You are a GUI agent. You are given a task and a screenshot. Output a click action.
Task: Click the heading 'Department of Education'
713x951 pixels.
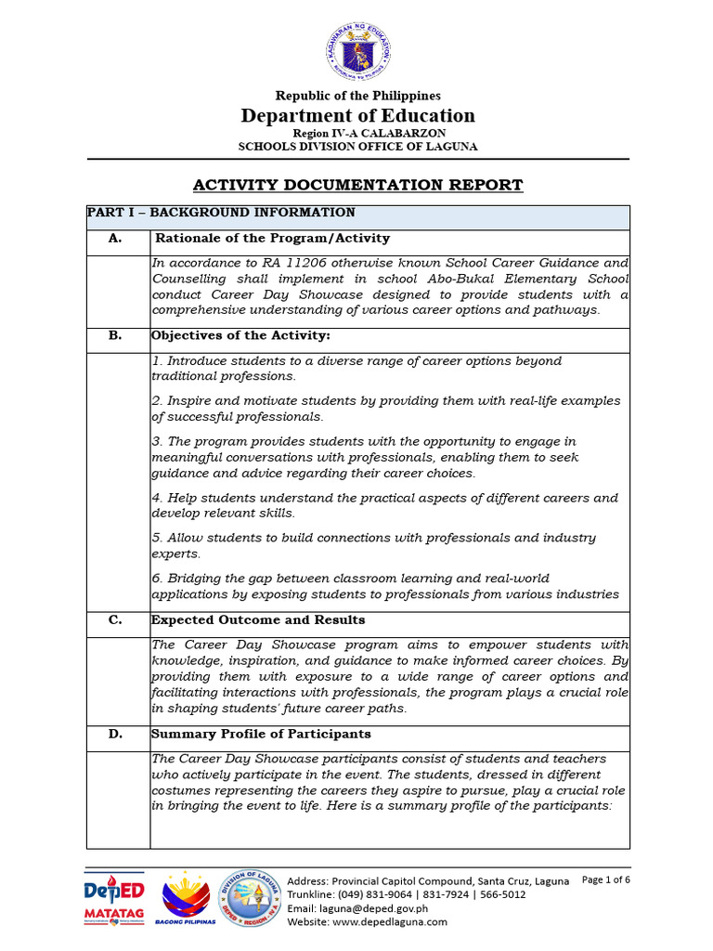pyautogui.click(x=358, y=116)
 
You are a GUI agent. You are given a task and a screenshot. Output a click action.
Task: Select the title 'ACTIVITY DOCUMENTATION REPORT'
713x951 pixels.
pyautogui.click(x=358, y=185)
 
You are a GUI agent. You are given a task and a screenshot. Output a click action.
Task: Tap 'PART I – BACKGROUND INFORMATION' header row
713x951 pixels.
pyautogui.click(x=221, y=213)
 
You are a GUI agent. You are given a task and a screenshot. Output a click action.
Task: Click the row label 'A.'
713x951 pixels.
pyautogui.click(x=115, y=239)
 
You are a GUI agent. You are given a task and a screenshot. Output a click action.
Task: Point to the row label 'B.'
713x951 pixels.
pyautogui.click(x=115, y=335)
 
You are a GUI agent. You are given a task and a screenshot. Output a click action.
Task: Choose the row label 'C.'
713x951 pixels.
pyautogui.click(x=115, y=620)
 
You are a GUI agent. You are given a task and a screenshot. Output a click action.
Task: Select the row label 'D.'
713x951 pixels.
pyautogui.click(x=115, y=735)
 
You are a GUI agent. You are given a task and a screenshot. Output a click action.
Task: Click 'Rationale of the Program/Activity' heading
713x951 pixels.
pyautogui.click(x=272, y=239)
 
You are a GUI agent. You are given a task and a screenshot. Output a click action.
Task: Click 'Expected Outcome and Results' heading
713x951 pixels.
pyautogui.click(x=258, y=620)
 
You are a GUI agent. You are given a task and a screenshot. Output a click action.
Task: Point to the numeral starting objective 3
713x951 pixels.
pyautogui.click(x=156, y=442)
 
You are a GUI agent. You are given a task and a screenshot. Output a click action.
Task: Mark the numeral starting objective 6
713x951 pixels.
pyautogui.click(x=156, y=578)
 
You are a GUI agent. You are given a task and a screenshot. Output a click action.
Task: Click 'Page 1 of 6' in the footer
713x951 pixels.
pyautogui.click(x=605, y=879)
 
